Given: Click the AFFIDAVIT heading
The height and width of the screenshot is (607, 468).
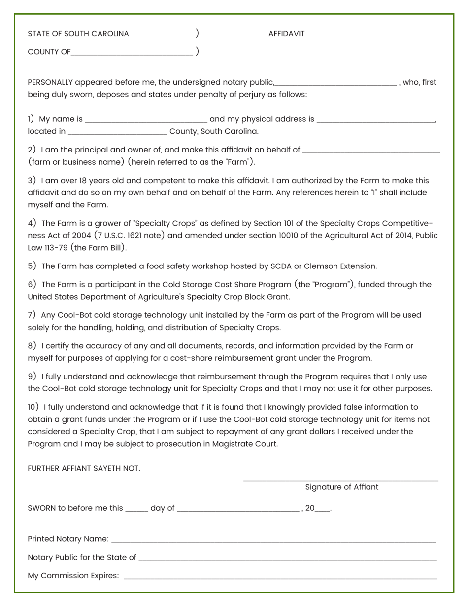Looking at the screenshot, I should [x=286, y=34].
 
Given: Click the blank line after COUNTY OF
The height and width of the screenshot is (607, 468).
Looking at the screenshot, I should [x=132, y=52].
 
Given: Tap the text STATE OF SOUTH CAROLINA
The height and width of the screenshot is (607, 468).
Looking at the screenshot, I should [x=78, y=34].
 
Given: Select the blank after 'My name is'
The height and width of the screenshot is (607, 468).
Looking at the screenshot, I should [x=146, y=120].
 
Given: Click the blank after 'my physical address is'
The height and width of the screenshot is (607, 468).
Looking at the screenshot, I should [x=376, y=120].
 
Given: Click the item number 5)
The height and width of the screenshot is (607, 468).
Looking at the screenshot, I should [x=32, y=266].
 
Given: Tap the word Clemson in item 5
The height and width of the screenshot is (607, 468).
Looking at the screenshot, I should [x=320, y=266].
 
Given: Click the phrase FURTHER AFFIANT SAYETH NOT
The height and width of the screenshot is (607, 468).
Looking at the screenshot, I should [x=84, y=468].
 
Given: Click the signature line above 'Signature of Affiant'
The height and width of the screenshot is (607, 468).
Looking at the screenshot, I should [x=340, y=479].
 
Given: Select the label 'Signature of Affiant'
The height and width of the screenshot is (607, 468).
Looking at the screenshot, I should [x=342, y=487].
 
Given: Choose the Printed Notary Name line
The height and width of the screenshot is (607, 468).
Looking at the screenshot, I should [x=273, y=540].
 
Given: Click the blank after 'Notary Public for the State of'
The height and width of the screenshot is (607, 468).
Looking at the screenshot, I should [x=287, y=559].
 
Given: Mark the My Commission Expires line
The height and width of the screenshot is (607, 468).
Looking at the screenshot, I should [x=280, y=577].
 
